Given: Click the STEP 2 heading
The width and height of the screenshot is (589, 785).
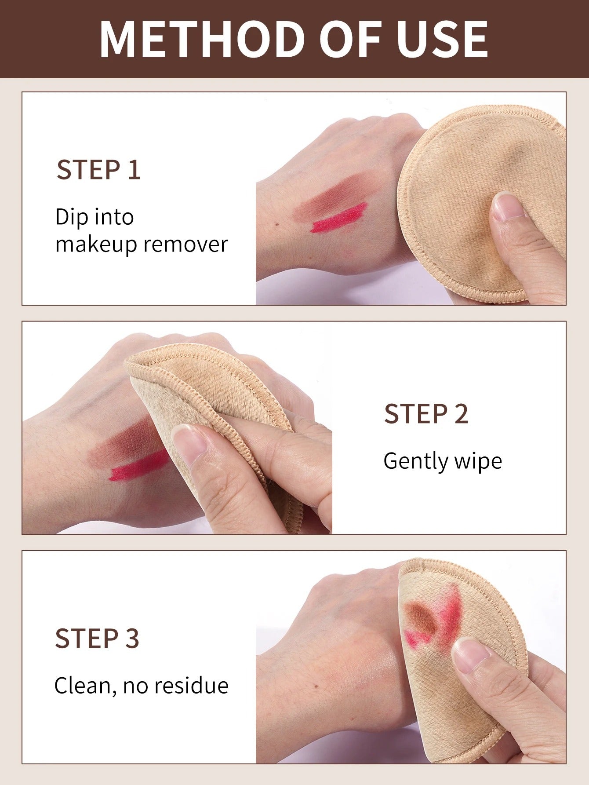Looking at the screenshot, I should tap(426, 414).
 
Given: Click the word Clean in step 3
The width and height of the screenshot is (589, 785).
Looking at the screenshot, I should tap(82, 686).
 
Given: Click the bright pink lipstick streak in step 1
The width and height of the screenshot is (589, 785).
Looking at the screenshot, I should tap(338, 218).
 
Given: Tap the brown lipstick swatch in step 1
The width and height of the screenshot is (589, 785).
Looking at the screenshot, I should tap(330, 196).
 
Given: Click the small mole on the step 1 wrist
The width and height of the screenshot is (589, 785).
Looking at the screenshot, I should tap(276, 225).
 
